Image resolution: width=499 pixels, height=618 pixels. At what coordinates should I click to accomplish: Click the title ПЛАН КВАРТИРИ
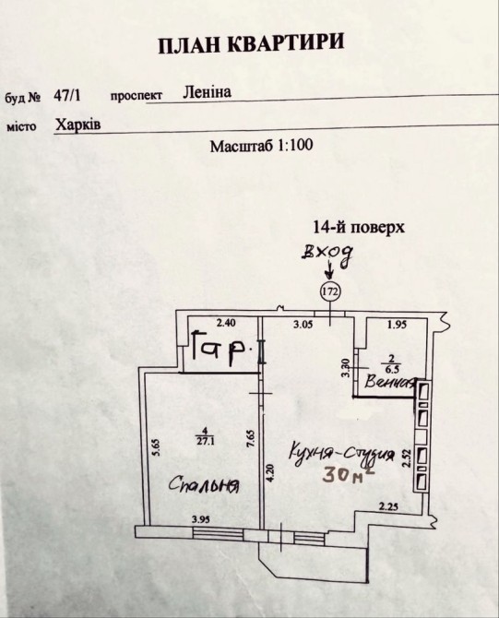(251, 44)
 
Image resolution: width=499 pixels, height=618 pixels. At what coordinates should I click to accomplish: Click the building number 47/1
(67, 96)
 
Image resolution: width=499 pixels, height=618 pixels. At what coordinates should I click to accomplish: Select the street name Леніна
(207, 92)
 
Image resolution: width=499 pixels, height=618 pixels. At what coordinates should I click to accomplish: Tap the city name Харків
(77, 125)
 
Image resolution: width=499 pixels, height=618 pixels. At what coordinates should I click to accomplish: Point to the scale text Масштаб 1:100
(261, 146)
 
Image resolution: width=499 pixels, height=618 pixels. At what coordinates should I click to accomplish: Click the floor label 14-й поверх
(359, 228)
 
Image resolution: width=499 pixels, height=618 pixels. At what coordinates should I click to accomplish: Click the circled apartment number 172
(330, 292)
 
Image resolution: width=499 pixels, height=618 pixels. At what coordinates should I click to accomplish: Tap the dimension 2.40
(226, 323)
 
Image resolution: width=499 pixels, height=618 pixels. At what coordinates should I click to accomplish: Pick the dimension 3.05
(303, 325)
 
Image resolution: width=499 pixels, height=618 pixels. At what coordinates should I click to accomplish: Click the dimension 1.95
(397, 325)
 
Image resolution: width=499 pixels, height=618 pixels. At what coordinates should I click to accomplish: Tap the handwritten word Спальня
(205, 484)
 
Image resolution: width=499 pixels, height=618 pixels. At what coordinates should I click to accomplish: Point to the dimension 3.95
(201, 519)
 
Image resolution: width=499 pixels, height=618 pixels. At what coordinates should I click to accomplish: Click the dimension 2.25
(387, 506)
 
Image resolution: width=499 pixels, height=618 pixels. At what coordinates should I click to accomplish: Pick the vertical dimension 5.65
(156, 447)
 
